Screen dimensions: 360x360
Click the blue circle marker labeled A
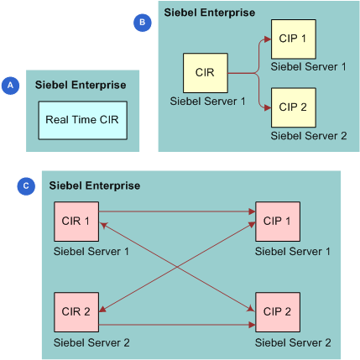[11, 85]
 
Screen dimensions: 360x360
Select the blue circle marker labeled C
[25, 185]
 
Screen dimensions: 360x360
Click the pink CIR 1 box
[76, 222]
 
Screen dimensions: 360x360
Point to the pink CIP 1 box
[277, 222]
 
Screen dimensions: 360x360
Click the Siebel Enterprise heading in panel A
[81, 85]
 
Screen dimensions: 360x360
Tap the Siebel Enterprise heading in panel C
[95, 185]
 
